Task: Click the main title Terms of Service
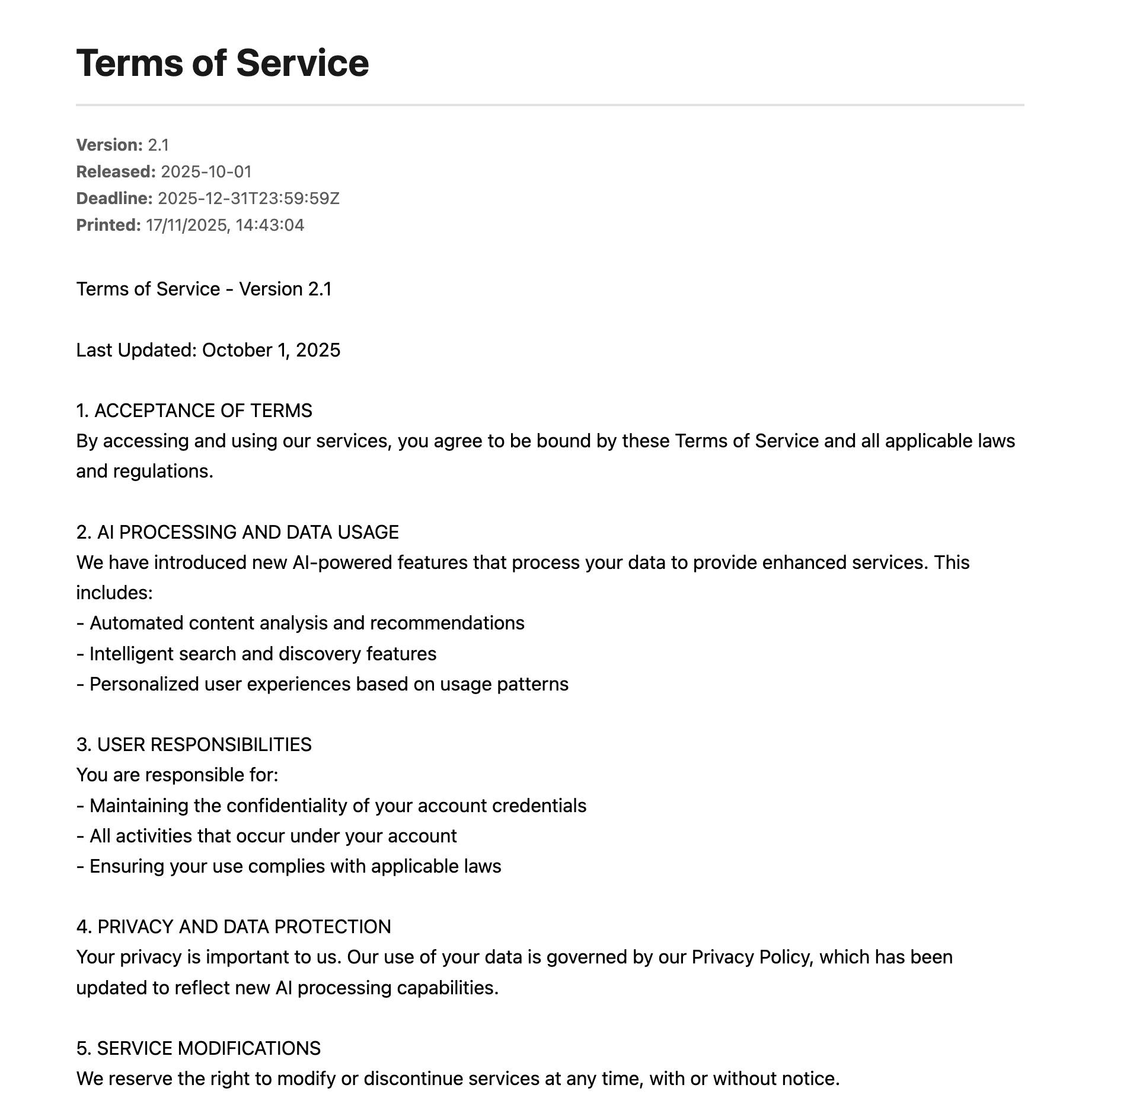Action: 222,63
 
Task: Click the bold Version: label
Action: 110,145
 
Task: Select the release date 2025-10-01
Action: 206,172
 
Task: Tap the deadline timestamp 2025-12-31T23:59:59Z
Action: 248,199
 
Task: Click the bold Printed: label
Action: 108,225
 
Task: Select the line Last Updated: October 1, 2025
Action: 208,350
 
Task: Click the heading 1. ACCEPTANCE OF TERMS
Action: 194,411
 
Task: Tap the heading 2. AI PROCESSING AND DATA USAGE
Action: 237,532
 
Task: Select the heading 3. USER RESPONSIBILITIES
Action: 194,745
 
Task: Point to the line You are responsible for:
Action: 177,775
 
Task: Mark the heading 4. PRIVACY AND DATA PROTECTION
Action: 234,927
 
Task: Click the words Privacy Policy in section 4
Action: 750,957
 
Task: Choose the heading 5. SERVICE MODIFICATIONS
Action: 198,1048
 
